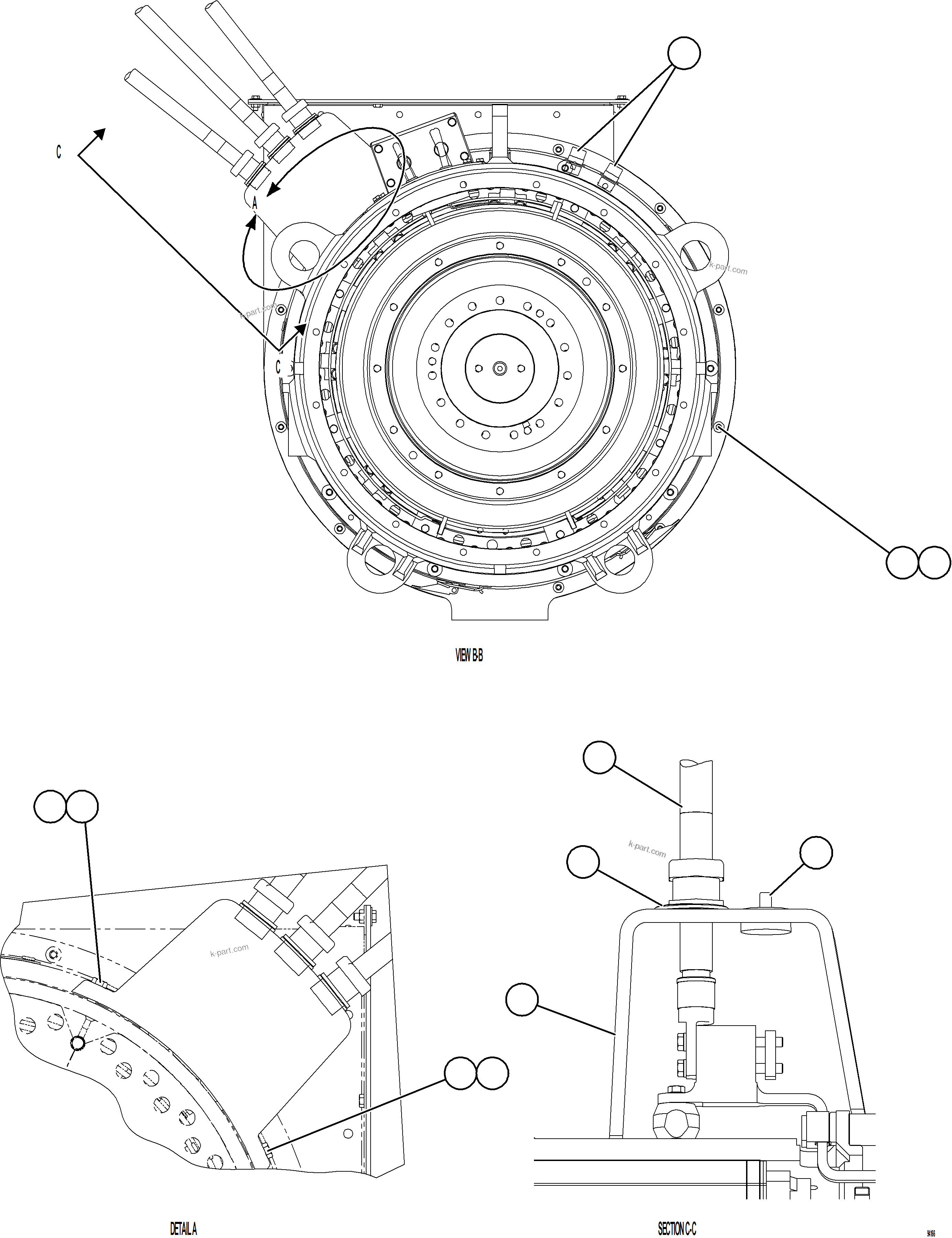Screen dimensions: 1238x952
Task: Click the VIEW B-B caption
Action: pyautogui.click(x=469, y=656)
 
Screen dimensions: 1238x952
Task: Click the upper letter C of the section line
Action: pyautogui.click(x=58, y=152)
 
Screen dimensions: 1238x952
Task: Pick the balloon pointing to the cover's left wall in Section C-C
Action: pyautogui.click(x=522, y=1000)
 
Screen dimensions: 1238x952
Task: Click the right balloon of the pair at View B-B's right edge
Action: pyautogui.click(x=934, y=562)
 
